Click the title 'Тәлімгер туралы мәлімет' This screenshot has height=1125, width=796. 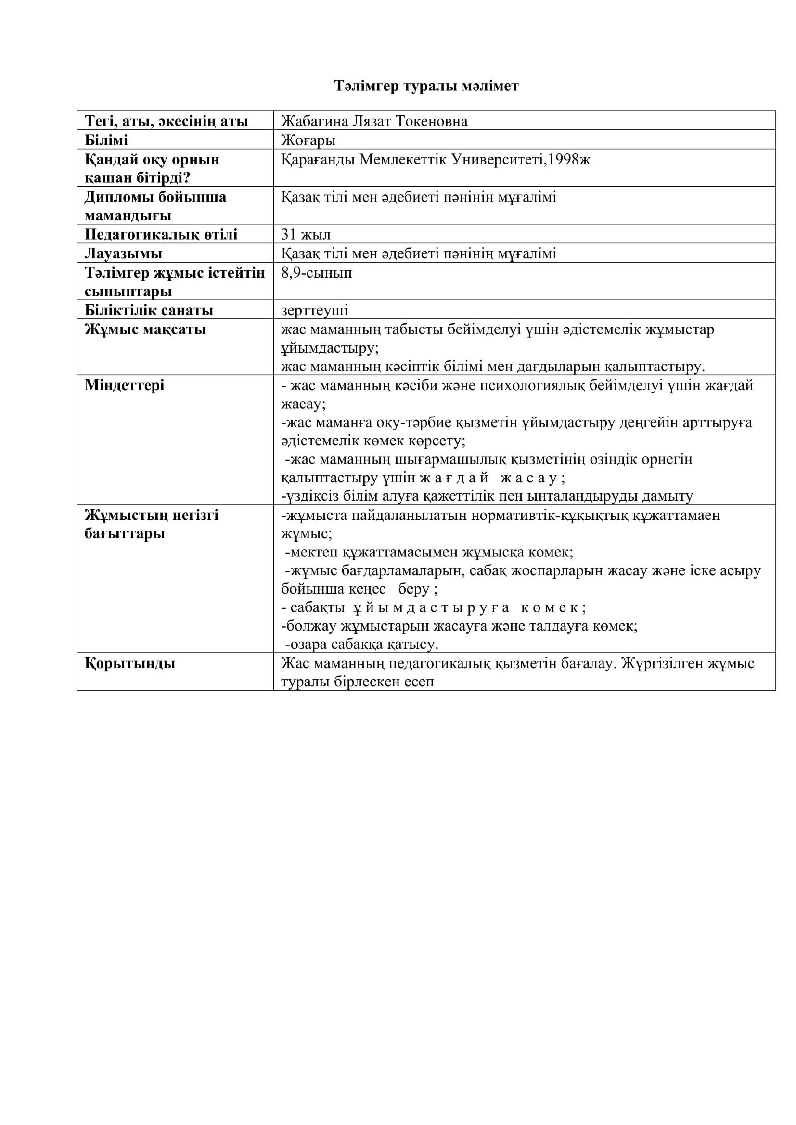click(426, 86)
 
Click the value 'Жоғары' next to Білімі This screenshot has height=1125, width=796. click(308, 140)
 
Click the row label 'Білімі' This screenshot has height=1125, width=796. click(106, 140)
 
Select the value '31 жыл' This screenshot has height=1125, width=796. click(306, 234)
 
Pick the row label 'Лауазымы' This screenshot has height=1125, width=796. click(124, 253)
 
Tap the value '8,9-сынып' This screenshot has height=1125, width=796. click(317, 272)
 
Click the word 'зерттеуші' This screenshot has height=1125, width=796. click(315, 310)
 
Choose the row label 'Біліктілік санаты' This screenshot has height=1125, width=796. click(149, 310)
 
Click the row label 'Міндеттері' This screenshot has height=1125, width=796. click(125, 385)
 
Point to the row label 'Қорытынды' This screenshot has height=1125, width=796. click(130, 663)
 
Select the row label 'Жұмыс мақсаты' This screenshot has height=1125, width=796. click(145, 329)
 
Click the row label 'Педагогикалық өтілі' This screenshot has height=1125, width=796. click(161, 234)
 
